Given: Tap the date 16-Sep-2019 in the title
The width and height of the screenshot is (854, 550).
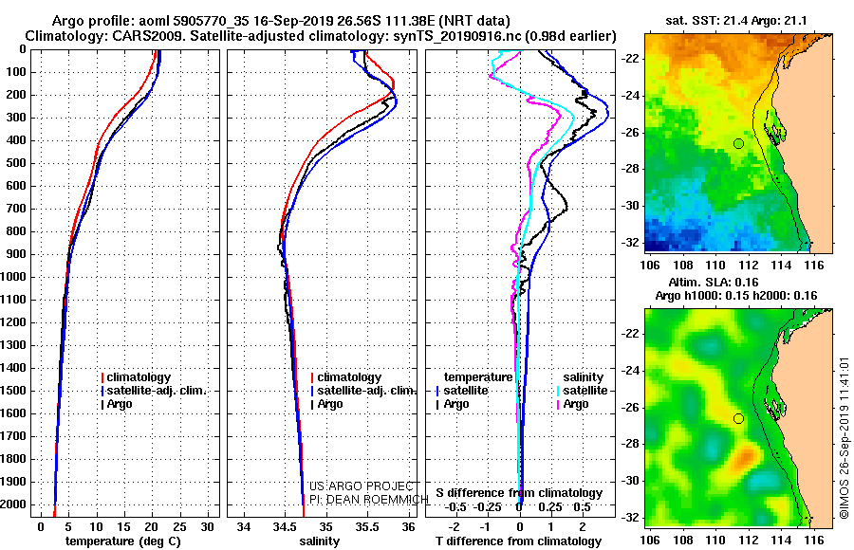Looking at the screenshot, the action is click(288, 21).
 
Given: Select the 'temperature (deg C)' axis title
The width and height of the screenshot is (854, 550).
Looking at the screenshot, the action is click(123, 541).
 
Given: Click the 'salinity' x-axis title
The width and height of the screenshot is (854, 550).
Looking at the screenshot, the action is click(320, 541).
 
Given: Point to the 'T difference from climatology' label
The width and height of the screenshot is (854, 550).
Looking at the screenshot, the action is click(519, 541).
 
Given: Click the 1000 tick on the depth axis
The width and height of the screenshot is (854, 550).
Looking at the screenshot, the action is click(13, 277).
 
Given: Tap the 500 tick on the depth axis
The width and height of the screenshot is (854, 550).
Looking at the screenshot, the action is click(16, 163).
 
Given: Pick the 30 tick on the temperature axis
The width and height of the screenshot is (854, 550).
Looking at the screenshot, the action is click(207, 527).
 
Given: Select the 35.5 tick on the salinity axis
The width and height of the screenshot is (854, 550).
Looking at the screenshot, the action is click(367, 527).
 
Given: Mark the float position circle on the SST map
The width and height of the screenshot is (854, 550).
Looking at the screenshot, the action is click(738, 144).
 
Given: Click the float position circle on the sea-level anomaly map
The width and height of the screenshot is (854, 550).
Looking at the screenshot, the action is click(738, 419).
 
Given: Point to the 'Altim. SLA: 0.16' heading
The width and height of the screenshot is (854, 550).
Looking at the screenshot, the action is click(714, 282).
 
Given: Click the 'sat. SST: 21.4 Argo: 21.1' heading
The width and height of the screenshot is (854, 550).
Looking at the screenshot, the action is click(735, 21).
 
